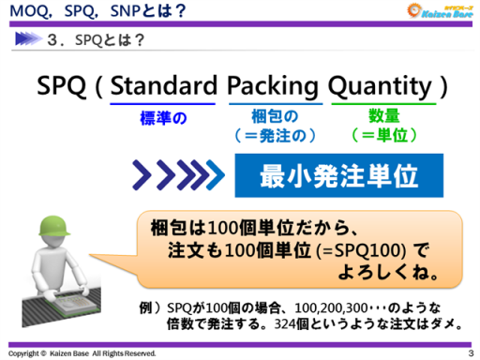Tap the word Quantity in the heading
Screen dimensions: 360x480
[382, 86]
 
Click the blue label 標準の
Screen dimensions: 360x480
[162, 118]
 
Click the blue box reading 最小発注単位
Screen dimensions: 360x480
[324, 175]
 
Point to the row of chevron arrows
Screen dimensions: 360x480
[178, 175]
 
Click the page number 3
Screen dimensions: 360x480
[471, 353]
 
